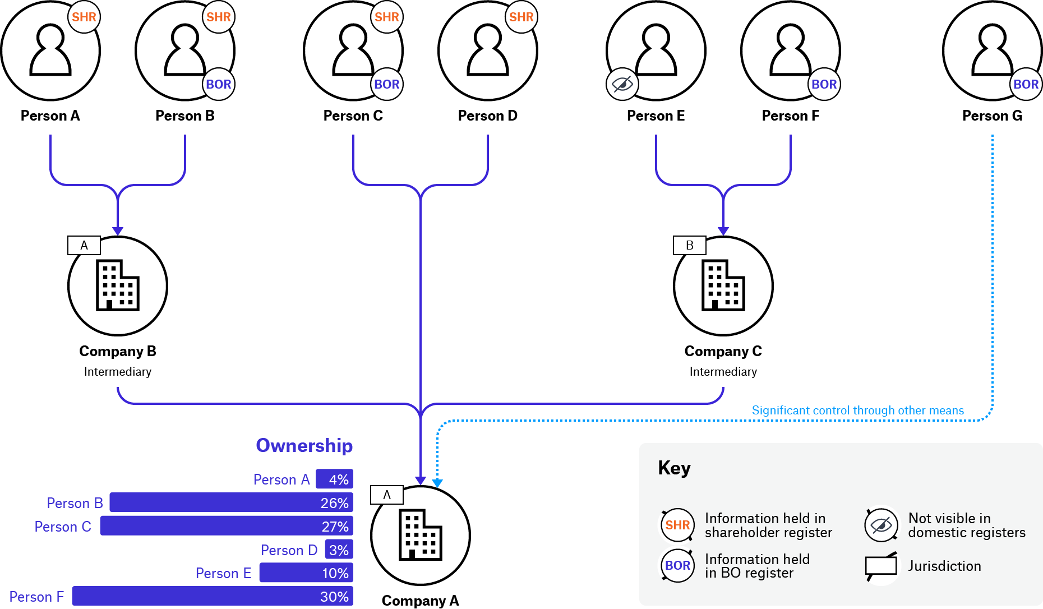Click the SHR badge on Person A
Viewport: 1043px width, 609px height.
[84, 17]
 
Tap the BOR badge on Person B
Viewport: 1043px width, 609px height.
[219, 84]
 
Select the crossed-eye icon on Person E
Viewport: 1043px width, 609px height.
[622, 84]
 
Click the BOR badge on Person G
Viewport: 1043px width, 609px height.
[1026, 84]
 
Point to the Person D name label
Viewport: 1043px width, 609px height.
[488, 116]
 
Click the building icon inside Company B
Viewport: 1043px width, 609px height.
[118, 285]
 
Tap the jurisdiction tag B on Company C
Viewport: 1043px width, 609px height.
[690, 245]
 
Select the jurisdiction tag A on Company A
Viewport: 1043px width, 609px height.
[387, 495]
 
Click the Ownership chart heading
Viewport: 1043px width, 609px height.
[304, 445]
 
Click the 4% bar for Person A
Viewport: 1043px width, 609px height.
[334, 479]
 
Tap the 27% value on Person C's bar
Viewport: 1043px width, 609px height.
[335, 526]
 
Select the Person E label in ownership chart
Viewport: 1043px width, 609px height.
[223, 573]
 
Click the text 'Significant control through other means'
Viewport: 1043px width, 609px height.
[857, 410]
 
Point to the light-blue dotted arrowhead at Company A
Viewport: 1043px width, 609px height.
[437, 483]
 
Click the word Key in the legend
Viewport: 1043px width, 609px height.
[674, 468]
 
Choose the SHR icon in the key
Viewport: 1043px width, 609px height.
[677, 525]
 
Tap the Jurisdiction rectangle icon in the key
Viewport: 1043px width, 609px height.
[881, 566]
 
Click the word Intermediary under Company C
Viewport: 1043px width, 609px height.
[723, 371]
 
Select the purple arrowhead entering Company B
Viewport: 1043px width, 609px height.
[118, 231]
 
